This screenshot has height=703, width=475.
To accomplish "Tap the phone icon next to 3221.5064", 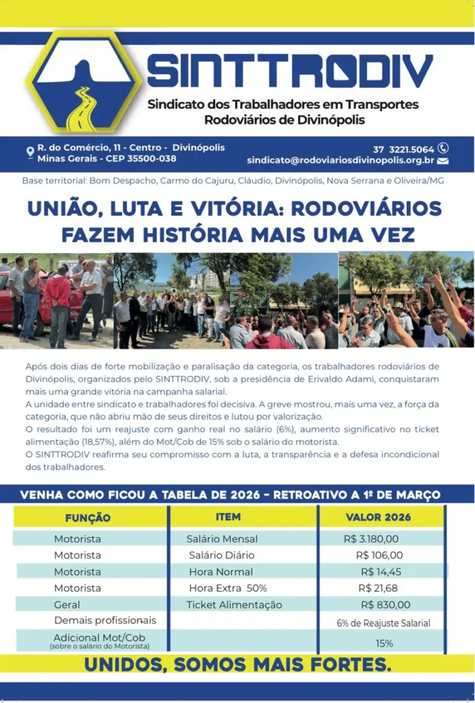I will (x=443, y=149).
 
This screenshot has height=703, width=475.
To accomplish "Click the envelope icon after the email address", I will (x=443, y=161).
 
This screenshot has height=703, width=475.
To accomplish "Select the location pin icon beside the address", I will (x=30, y=151).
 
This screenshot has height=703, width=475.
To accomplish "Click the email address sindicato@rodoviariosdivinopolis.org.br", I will (x=340, y=160).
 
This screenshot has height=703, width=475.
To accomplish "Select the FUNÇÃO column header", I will (x=88, y=518).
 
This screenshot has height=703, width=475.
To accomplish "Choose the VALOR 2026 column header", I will (x=378, y=517).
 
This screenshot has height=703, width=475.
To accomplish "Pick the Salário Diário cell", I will (x=221, y=555).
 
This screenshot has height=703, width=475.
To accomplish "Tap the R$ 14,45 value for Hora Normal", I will (x=381, y=572).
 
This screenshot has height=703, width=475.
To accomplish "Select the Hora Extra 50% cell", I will (x=228, y=588).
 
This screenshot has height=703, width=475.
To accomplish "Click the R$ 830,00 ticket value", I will (x=385, y=605).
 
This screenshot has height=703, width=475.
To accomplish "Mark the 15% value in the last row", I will (x=384, y=643).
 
